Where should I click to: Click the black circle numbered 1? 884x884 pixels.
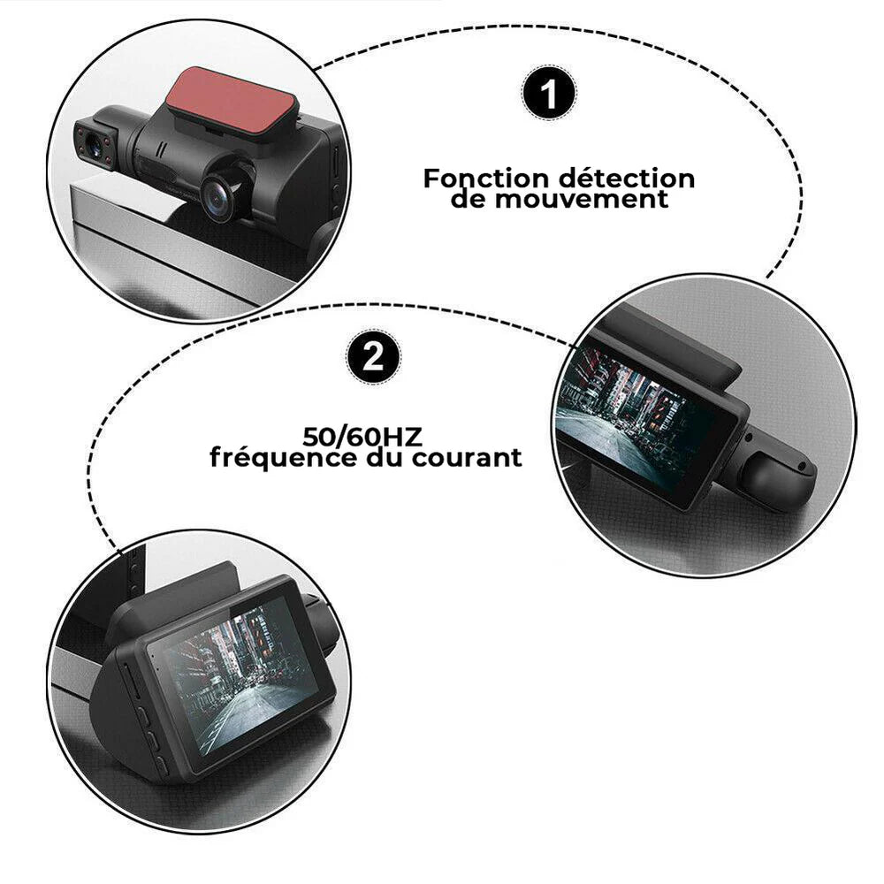click(550, 93)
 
